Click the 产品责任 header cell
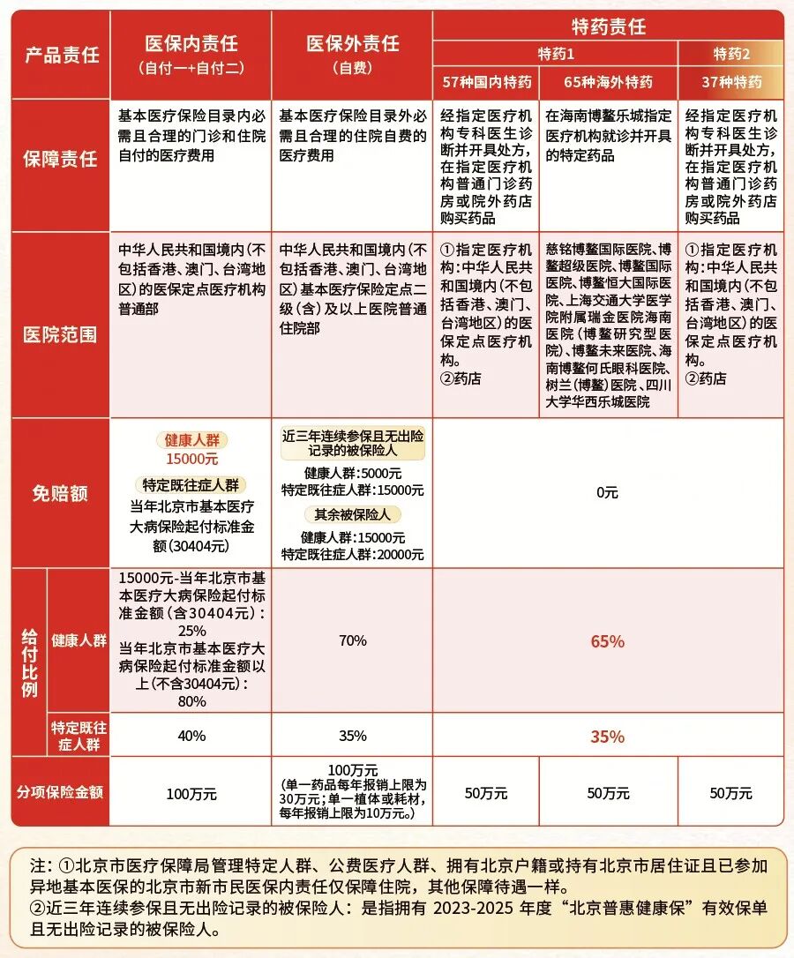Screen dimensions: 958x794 click(x=61, y=54)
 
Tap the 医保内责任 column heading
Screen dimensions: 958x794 click(x=191, y=44)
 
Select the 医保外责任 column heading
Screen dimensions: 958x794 click(x=352, y=44)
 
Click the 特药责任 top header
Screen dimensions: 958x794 click(x=608, y=26)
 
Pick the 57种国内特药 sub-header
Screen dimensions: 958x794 click(x=486, y=82)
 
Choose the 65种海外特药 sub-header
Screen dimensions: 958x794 click(x=608, y=82)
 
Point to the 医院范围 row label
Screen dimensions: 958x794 click(x=61, y=335)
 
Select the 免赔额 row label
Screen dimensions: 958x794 click(x=61, y=493)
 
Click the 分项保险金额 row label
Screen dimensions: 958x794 click(x=61, y=792)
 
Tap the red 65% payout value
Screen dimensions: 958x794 click(x=607, y=641)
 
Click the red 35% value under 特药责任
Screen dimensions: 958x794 click(x=607, y=736)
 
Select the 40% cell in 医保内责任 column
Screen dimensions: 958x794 click(x=191, y=736)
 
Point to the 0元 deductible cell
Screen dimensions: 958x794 click(x=607, y=493)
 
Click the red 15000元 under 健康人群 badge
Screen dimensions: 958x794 click(x=191, y=459)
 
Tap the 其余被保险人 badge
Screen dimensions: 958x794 click(x=352, y=514)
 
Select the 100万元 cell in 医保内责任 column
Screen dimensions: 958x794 click(x=191, y=794)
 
